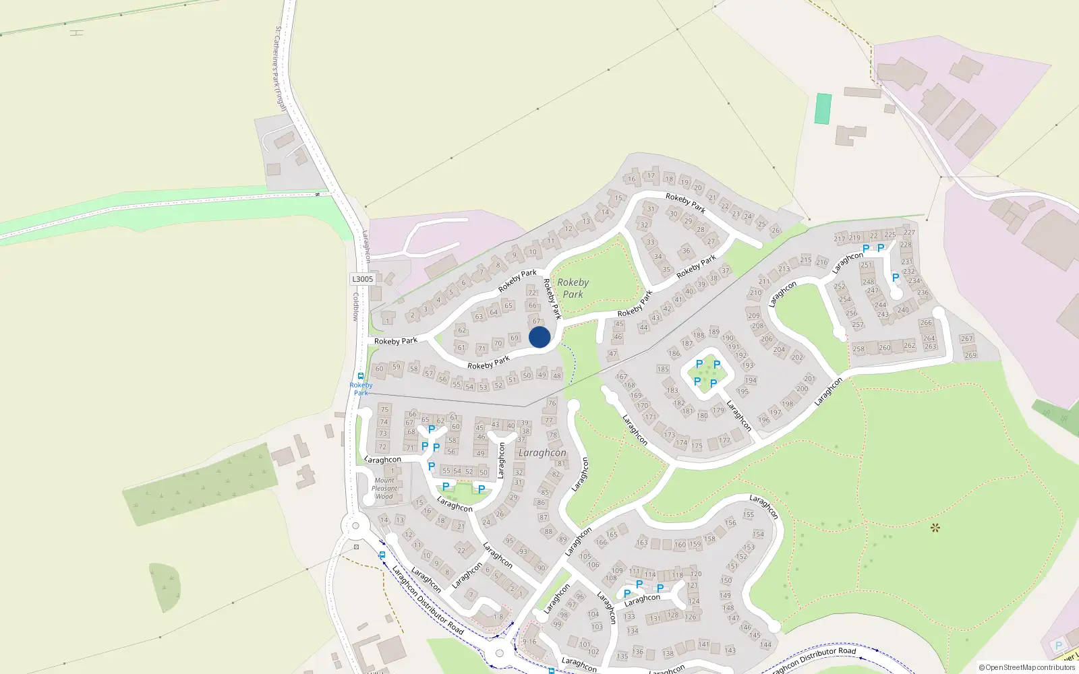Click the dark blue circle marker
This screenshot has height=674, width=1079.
[539, 337]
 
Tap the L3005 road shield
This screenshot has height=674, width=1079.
[362, 279]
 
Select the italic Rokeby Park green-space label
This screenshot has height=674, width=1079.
[573, 288]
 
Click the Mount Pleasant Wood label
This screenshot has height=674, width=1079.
[384, 489]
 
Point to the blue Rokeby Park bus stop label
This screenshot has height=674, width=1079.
[361, 389]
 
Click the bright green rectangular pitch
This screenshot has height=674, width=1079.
[823, 109]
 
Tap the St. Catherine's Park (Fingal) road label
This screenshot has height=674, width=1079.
[281, 69]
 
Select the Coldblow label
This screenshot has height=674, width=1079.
[356, 307]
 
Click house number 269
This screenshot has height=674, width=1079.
[970, 355]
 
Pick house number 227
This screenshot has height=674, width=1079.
[910, 233]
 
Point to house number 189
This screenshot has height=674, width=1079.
[713, 332]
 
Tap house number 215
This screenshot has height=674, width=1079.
[806, 259]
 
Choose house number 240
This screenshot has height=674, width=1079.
[903, 310]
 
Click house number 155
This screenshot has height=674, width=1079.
[749, 514]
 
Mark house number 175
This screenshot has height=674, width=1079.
[697, 446]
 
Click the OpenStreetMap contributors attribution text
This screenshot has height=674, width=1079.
[1026, 667]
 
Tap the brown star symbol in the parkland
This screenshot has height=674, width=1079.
[935, 528]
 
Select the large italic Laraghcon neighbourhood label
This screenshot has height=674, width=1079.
[542, 453]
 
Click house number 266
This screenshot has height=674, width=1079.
[926, 323]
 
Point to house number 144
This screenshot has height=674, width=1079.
[765, 644]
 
